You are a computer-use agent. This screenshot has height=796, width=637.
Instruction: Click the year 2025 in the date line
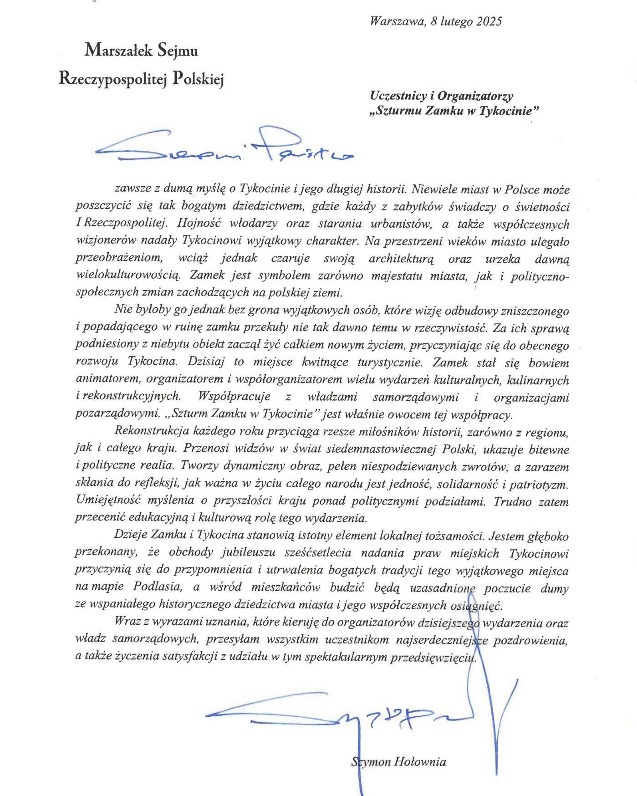tap(489, 21)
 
